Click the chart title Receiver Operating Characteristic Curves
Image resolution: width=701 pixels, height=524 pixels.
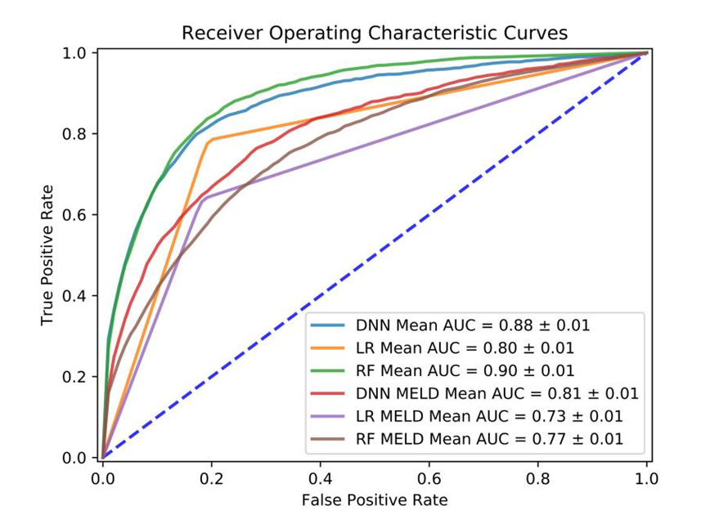tap(374, 33)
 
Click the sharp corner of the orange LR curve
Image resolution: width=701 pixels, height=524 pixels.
tap(211, 141)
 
